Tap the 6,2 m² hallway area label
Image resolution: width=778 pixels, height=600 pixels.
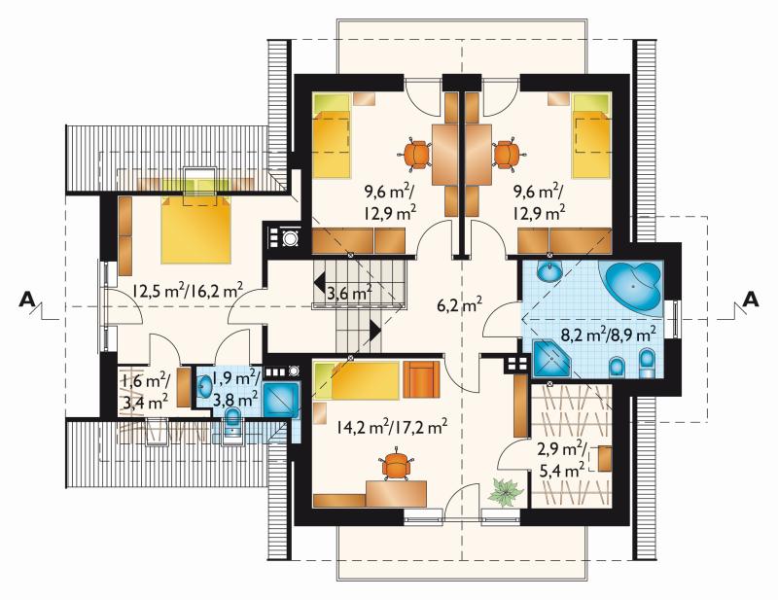pyautogui.click(x=459, y=304)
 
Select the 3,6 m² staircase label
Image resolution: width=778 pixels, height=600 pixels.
pyautogui.click(x=349, y=294)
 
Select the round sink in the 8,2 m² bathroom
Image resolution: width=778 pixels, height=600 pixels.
pyautogui.click(x=549, y=271)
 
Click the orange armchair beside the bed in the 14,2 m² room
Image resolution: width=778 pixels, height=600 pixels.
pyautogui.click(x=421, y=379)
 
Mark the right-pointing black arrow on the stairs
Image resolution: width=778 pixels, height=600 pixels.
pyautogui.click(x=374, y=329)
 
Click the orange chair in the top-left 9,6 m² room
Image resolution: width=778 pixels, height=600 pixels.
pyautogui.click(x=415, y=154)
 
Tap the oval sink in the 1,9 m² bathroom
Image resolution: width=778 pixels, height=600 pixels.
pyautogui.click(x=204, y=387)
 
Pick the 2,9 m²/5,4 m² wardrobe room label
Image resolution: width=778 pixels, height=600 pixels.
pyautogui.click(x=562, y=460)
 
